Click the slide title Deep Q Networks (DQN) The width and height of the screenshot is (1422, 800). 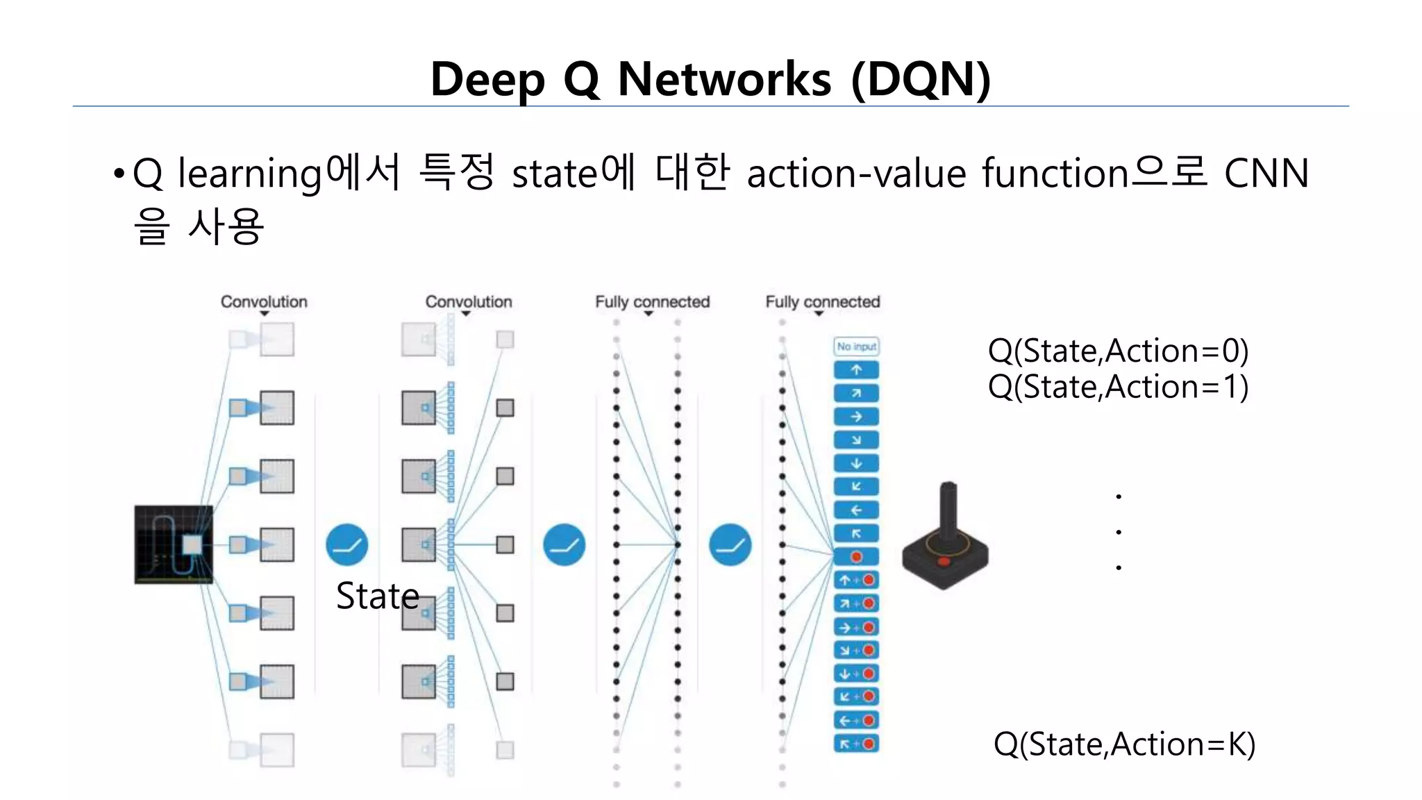click(x=710, y=79)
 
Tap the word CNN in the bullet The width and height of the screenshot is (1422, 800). click(x=1266, y=174)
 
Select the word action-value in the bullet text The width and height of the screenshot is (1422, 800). click(x=856, y=174)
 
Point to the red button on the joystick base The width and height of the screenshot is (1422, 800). click(x=944, y=561)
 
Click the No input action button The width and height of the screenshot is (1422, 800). click(x=856, y=347)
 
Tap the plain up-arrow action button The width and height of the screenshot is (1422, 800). click(x=856, y=370)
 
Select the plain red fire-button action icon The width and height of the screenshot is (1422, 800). click(x=856, y=557)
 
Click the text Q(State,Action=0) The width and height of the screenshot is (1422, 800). click(x=1118, y=351)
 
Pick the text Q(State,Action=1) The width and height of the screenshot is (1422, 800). click(x=1118, y=387)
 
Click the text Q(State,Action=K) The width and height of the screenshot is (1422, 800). click(x=1124, y=744)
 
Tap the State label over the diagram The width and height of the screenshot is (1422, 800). click(x=378, y=596)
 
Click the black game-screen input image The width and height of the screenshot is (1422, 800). click(x=174, y=544)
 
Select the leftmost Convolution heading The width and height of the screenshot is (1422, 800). click(x=264, y=302)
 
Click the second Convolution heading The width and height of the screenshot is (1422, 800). click(x=469, y=302)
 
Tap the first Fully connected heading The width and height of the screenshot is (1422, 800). click(x=652, y=302)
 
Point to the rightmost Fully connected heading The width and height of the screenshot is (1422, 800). click(x=822, y=302)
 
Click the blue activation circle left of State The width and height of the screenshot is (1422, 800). click(x=346, y=544)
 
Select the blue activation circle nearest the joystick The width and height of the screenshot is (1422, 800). click(x=730, y=544)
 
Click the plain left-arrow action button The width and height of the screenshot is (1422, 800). click(x=856, y=510)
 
